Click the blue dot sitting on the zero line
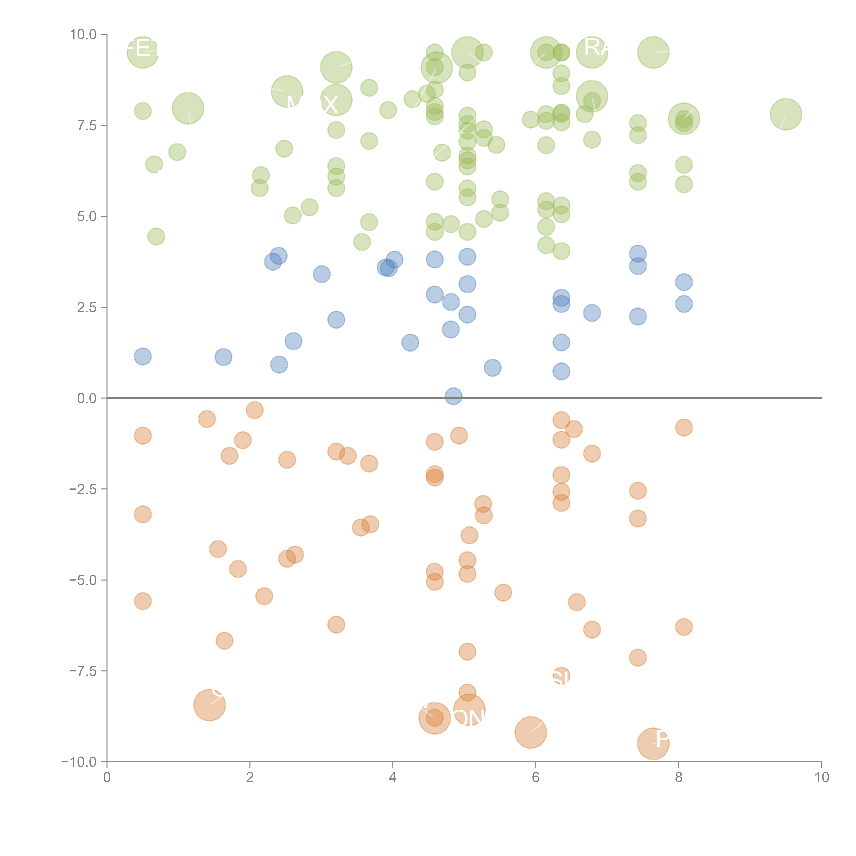tap(453, 396)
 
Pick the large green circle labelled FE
tap(143, 52)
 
